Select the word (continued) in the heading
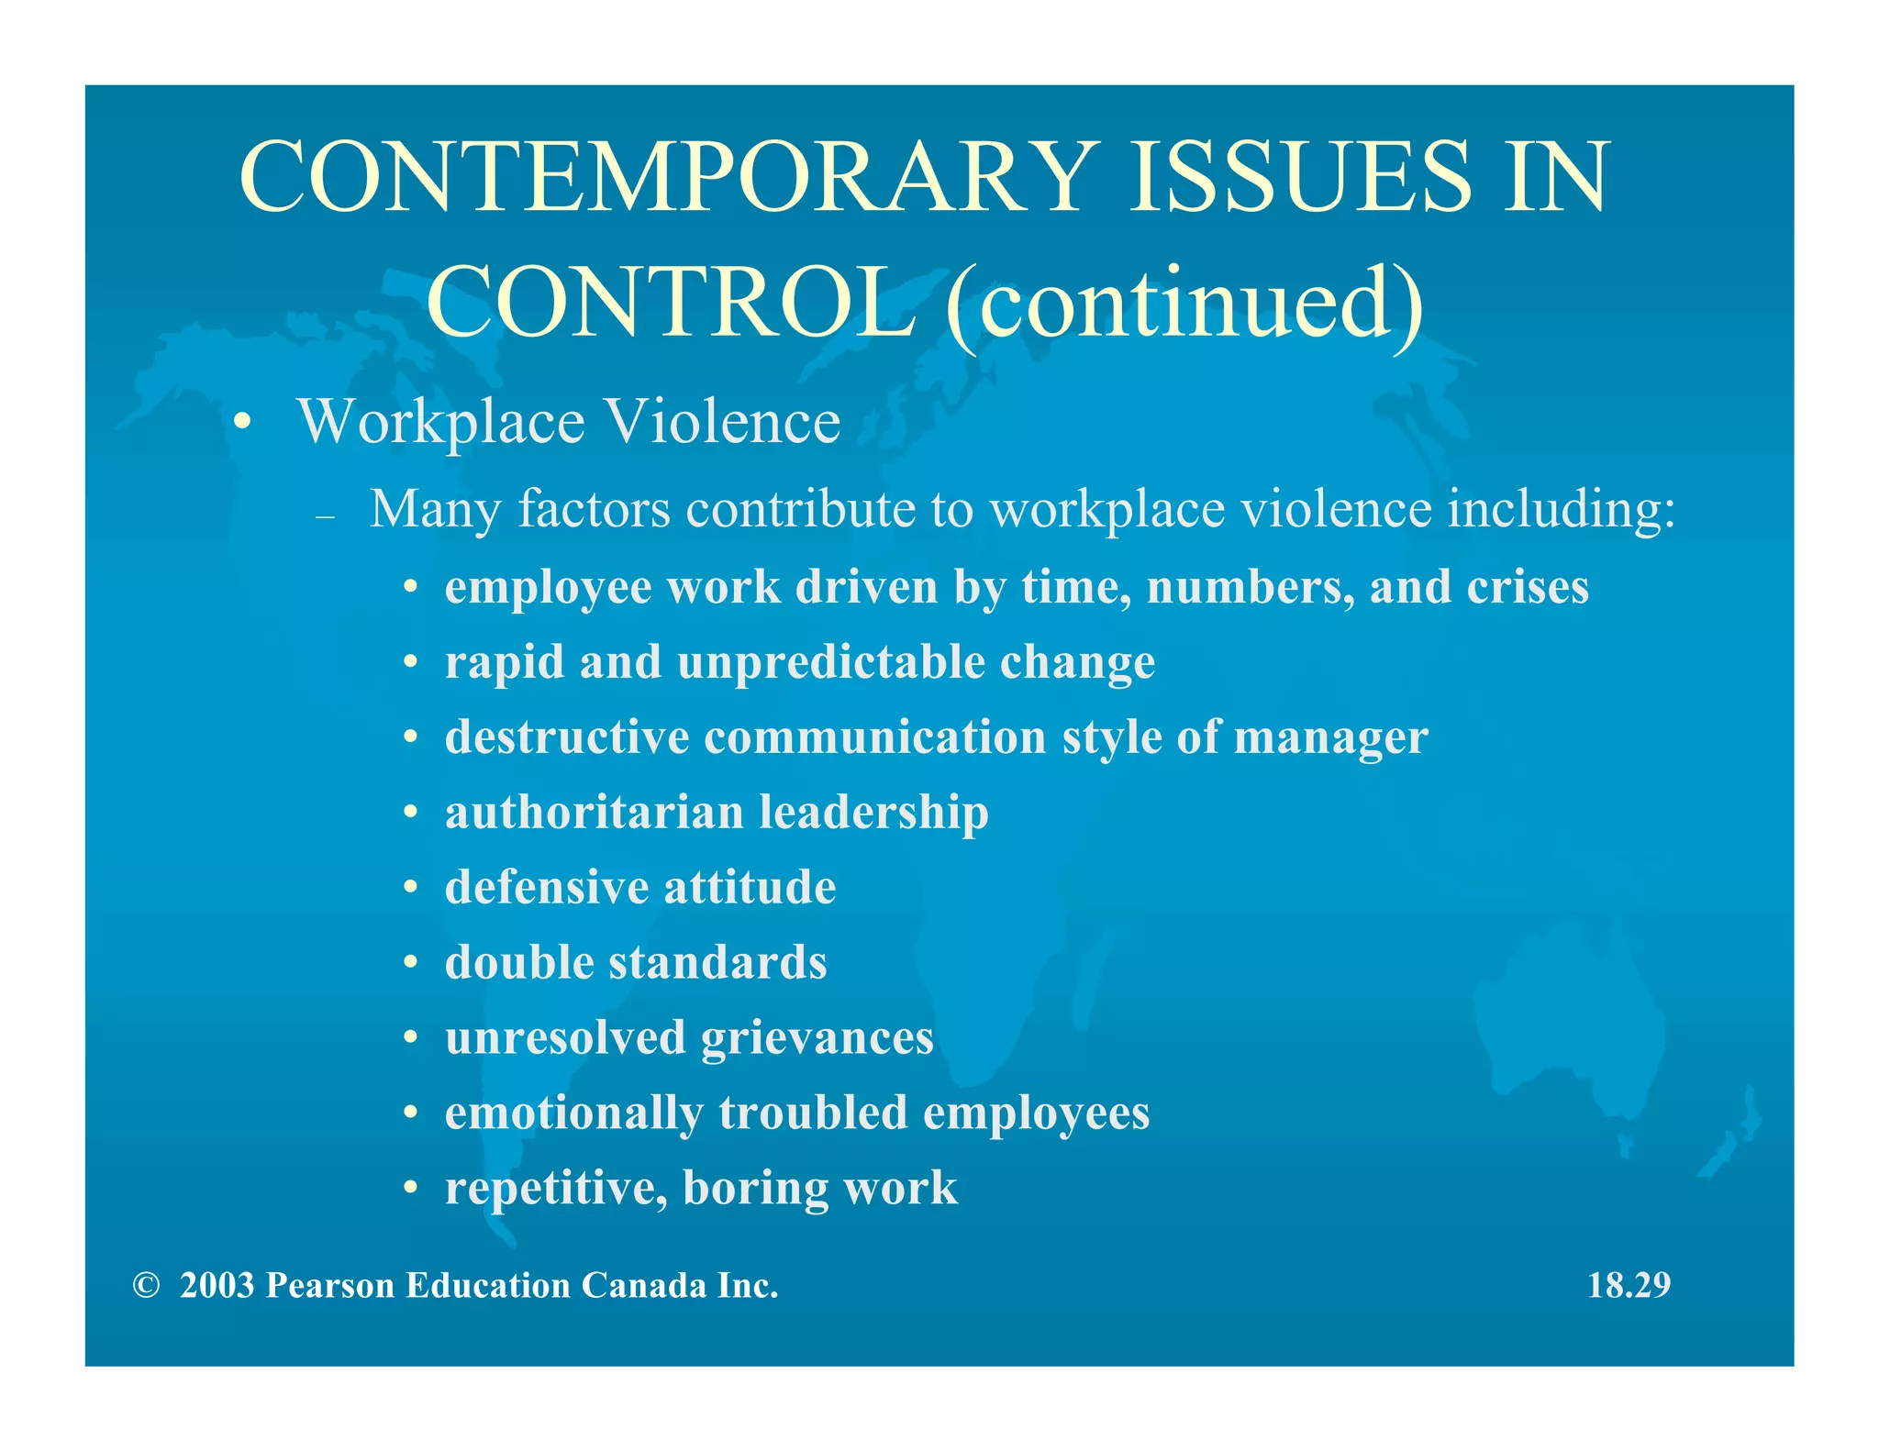[x=1184, y=303]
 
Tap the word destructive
[x=567, y=737]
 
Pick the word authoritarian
[x=594, y=813]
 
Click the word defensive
[x=547, y=888]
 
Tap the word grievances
[x=817, y=1038]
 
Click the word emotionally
[x=573, y=1113]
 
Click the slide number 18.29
[x=1629, y=1286]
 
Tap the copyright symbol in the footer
[x=145, y=1286]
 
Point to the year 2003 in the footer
[x=217, y=1286]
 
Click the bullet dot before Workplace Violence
[x=241, y=424]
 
